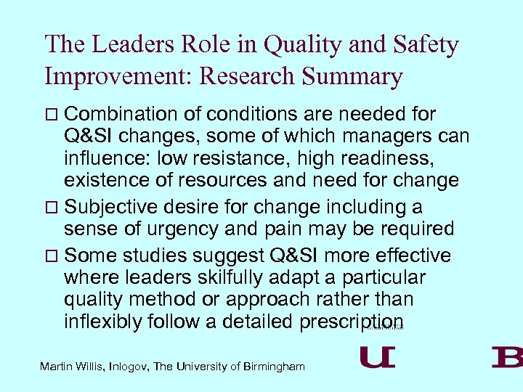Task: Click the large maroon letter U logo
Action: click(x=378, y=357)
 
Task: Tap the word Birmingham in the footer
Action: click(x=274, y=367)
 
